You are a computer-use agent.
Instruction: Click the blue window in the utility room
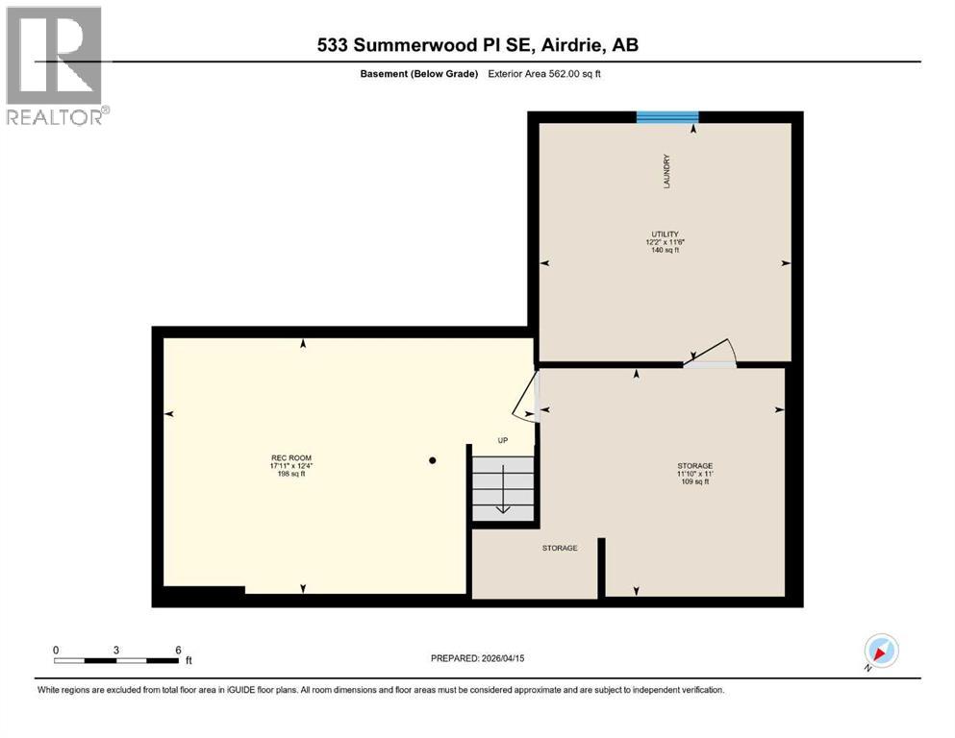pyautogui.click(x=666, y=117)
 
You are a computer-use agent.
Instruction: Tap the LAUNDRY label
pyautogui.click(x=666, y=171)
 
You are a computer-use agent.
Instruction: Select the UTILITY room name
pyautogui.click(x=665, y=234)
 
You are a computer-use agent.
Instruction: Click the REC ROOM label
pyautogui.click(x=291, y=457)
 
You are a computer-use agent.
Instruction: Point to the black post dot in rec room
pyautogui.click(x=433, y=460)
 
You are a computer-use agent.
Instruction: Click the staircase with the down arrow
pyautogui.click(x=502, y=488)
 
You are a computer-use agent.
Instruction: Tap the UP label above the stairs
pyautogui.click(x=502, y=441)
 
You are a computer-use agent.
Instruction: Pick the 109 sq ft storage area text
pyautogui.click(x=692, y=482)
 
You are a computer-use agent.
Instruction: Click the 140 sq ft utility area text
pyautogui.click(x=665, y=250)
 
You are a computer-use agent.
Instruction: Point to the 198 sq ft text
pyautogui.click(x=291, y=474)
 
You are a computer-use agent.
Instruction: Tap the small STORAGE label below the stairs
pyautogui.click(x=560, y=548)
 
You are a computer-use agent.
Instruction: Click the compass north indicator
pyautogui.click(x=880, y=651)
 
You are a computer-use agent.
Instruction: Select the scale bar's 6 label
pyautogui.click(x=178, y=650)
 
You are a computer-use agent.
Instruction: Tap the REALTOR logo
pyautogui.click(x=56, y=65)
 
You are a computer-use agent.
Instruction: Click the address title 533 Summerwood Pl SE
pyautogui.click(x=477, y=45)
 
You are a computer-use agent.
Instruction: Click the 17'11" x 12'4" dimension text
pyautogui.click(x=291, y=466)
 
